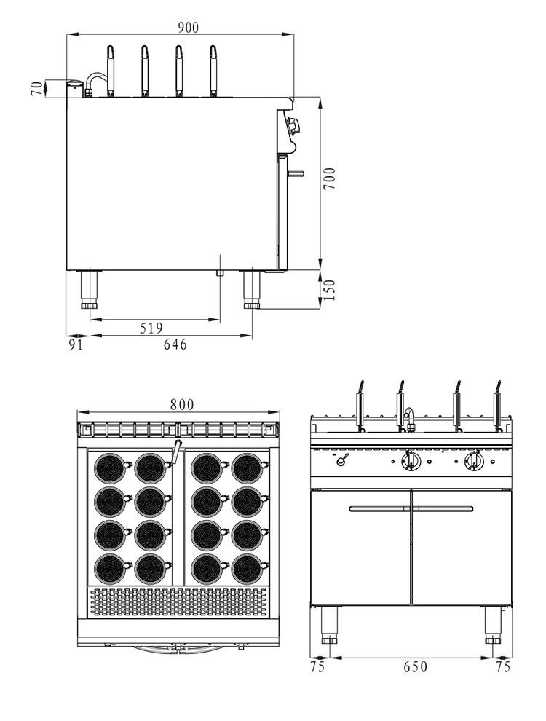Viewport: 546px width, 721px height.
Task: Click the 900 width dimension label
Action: tap(187, 27)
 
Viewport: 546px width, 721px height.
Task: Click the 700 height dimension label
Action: tap(331, 179)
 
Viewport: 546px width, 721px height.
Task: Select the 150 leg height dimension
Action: tap(330, 289)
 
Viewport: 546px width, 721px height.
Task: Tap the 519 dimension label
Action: tap(151, 328)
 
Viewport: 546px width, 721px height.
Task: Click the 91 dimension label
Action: tap(75, 344)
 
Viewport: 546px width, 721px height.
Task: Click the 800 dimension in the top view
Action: tap(182, 405)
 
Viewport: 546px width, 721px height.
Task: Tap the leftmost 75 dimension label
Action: tap(317, 667)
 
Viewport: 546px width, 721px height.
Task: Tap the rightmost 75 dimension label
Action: tap(502, 667)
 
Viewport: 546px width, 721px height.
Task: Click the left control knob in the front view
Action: tap(410, 461)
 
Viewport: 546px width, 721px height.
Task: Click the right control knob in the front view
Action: tap(474, 461)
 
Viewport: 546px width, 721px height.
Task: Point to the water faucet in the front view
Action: tap(411, 419)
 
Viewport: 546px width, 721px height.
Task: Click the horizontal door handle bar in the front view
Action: tap(411, 509)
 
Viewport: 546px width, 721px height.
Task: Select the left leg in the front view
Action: tap(331, 626)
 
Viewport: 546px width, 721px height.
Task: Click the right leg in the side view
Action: tap(252, 289)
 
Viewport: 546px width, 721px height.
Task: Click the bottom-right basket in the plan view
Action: tap(245, 568)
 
